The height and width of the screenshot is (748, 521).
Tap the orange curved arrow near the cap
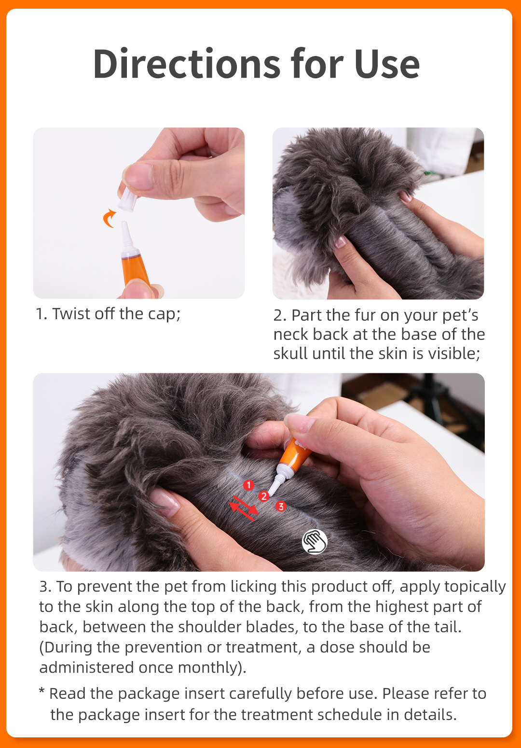point(110,218)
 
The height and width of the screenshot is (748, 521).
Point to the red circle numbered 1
point(248,485)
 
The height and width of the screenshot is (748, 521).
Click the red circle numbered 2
point(263,496)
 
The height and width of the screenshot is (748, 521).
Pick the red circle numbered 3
point(280,507)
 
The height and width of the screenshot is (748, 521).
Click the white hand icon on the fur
point(315,541)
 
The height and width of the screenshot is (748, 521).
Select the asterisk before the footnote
point(42,692)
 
